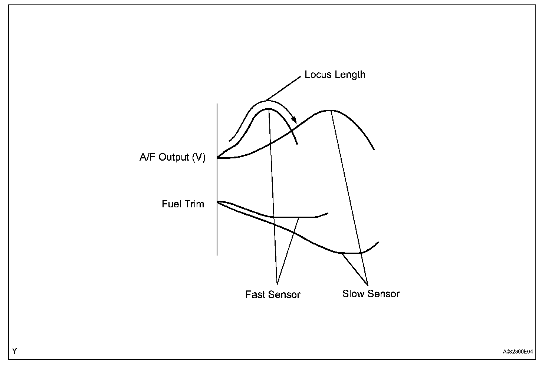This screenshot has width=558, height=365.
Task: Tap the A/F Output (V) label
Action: pos(173,157)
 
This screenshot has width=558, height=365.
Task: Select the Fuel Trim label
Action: pos(183,204)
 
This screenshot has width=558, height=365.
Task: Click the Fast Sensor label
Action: pos(273,295)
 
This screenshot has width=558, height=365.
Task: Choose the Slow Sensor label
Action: pos(371,294)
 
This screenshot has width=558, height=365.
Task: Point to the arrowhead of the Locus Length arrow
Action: pos(294,121)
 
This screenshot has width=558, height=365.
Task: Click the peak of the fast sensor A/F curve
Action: pos(268,109)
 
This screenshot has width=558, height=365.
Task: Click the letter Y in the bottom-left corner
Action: pos(14,351)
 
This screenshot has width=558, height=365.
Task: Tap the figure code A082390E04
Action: pos(518,351)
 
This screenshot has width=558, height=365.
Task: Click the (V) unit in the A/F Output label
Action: pos(199,157)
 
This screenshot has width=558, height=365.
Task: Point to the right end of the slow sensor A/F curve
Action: pos(374,149)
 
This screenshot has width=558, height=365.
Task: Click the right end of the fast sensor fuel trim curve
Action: pos(328,213)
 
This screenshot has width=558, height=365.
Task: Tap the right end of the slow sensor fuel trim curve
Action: pos(378,242)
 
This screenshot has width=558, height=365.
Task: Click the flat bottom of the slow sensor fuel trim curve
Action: pos(351,253)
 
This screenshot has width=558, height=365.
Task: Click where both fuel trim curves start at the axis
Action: pos(218,201)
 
